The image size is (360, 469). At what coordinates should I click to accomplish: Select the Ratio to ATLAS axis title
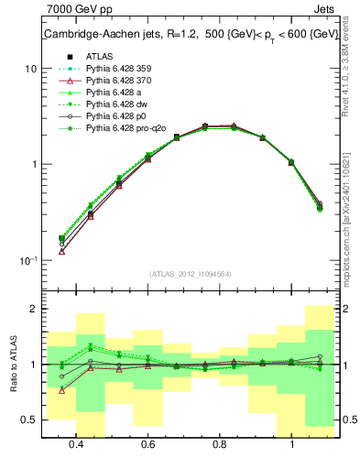(14, 365)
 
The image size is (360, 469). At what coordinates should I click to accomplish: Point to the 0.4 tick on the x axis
(76, 445)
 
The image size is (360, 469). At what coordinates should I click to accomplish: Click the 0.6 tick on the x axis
(147, 445)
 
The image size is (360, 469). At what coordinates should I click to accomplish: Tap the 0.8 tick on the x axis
(220, 445)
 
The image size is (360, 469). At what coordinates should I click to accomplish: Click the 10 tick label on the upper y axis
(30, 69)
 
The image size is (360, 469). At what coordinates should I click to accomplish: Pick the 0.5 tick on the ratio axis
(29, 420)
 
